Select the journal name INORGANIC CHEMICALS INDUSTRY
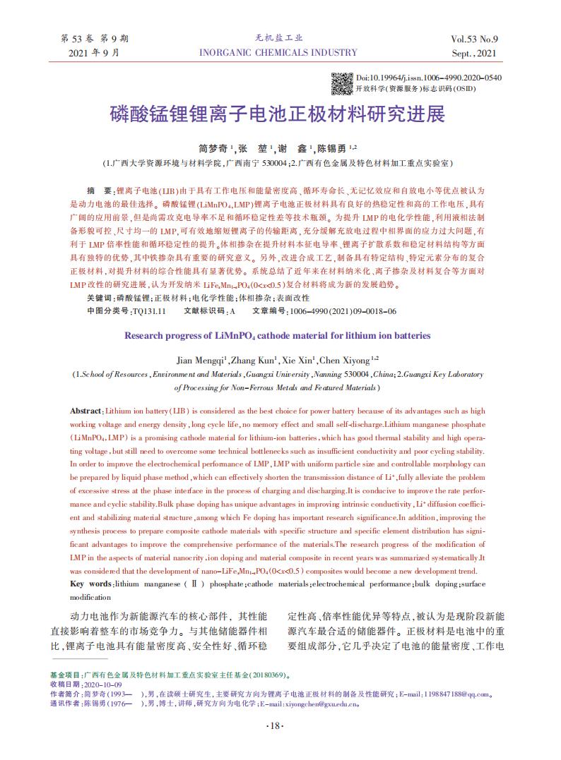(278, 52)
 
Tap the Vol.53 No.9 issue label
(473, 39)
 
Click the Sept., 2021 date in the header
(473, 53)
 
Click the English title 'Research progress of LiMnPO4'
(278, 335)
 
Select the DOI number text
(429, 77)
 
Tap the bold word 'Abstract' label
(86, 411)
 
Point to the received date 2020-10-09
(103, 684)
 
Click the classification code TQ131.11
(149, 310)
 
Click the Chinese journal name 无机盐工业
(278, 38)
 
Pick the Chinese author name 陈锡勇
(331, 149)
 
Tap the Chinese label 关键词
(100, 300)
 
